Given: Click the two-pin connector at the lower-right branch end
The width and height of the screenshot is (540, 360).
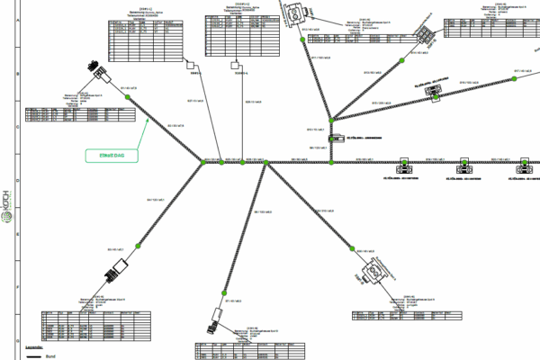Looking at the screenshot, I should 373,274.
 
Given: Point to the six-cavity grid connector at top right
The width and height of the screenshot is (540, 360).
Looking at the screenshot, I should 425,27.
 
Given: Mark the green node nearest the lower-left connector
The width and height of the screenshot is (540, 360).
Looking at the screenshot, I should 138,245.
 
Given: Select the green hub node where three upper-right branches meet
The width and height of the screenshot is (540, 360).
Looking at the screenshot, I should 331,119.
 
